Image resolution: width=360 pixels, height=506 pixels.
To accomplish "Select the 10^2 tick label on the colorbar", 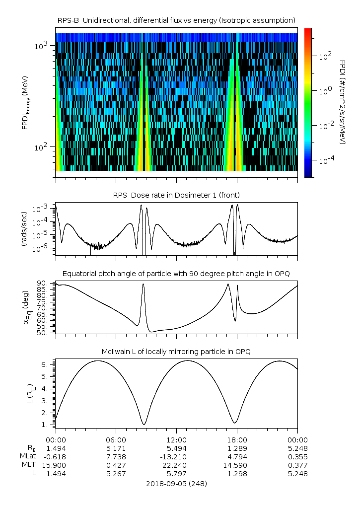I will click(x=324, y=56).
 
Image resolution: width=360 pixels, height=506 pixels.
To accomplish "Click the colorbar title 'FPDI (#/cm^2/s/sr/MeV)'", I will click(x=343, y=102).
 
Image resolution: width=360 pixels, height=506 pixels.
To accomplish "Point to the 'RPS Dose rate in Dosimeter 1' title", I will click(x=176, y=195).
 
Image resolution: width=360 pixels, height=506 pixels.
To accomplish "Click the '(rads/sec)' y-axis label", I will click(x=23, y=229).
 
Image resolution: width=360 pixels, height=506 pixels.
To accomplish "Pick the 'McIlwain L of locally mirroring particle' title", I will click(x=176, y=352).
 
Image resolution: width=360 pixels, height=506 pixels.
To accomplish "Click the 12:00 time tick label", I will click(x=176, y=439).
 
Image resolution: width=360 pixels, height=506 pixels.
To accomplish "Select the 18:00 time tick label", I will click(x=237, y=439).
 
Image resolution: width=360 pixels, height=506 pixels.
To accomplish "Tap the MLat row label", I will click(x=27, y=456).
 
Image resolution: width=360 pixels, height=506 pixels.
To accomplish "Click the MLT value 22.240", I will click(x=176, y=465).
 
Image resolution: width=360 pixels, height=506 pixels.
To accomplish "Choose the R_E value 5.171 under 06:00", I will click(x=116, y=448).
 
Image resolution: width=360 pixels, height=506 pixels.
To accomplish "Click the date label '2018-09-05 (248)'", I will click(x=176, y=483).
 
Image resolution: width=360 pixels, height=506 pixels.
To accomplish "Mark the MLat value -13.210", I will click(x=176, y=456).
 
